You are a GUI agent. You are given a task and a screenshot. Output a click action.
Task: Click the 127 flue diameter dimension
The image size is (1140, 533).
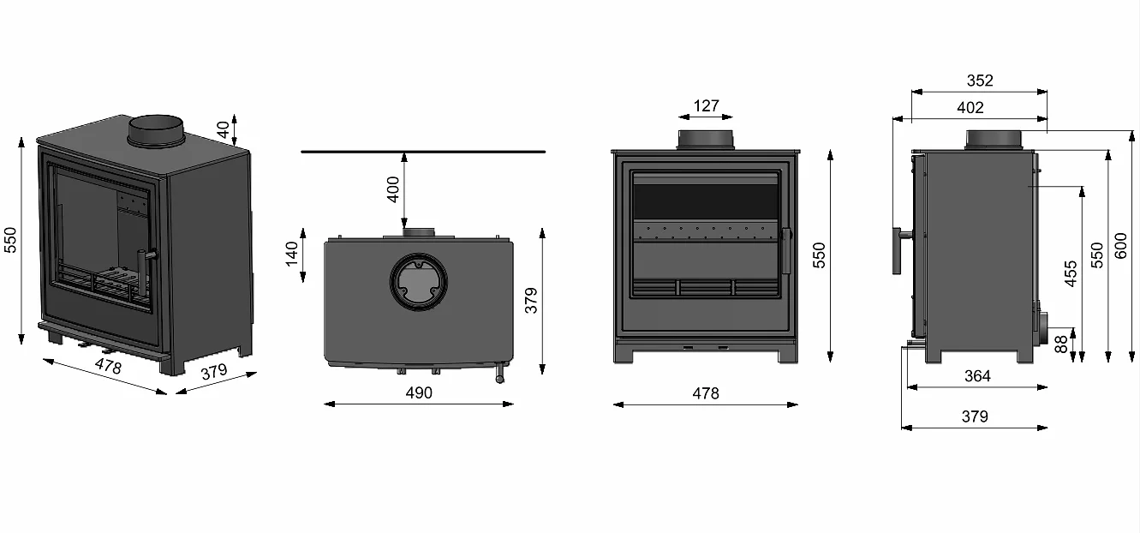tap(706, 106)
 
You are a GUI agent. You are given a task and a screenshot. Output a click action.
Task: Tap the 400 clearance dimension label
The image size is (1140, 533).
tap(393, 189)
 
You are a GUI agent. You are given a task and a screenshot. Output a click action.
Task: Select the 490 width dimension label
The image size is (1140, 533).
tap(419, 392)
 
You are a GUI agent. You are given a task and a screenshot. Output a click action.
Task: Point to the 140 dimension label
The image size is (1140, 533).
tap(291, 254)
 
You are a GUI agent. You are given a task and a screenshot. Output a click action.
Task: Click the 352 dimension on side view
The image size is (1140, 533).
tap(980, 81)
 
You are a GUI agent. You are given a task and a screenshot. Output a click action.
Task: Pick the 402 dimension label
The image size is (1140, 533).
tap(970, 107)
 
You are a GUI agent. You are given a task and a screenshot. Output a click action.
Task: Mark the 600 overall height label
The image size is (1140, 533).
tap(1120, 245)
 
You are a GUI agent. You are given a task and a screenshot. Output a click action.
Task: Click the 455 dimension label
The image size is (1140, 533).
tap(1071, 274)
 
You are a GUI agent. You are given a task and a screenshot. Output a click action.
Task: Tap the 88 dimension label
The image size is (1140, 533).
tap(1060, 344)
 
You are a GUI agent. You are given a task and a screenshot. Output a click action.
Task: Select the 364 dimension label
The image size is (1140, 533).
tap(977, 375)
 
